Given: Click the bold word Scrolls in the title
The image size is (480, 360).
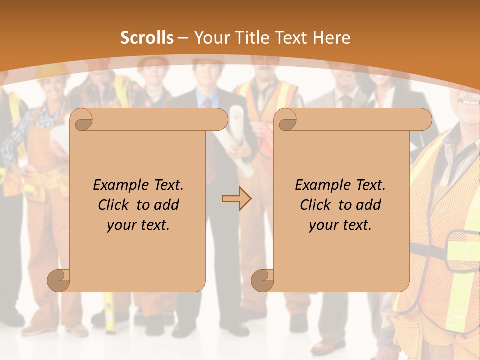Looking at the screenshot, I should point(147,38).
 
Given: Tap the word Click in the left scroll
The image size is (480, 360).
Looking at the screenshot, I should point(115,205).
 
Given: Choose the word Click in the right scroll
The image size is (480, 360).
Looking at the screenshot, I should point(317,205).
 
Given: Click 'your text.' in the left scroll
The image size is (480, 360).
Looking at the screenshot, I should point(138,225).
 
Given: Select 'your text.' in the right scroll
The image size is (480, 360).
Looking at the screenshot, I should point(340,225).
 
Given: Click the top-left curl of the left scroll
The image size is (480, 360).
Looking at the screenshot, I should point(82,120).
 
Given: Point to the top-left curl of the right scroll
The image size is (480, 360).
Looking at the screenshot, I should point(286,120).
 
